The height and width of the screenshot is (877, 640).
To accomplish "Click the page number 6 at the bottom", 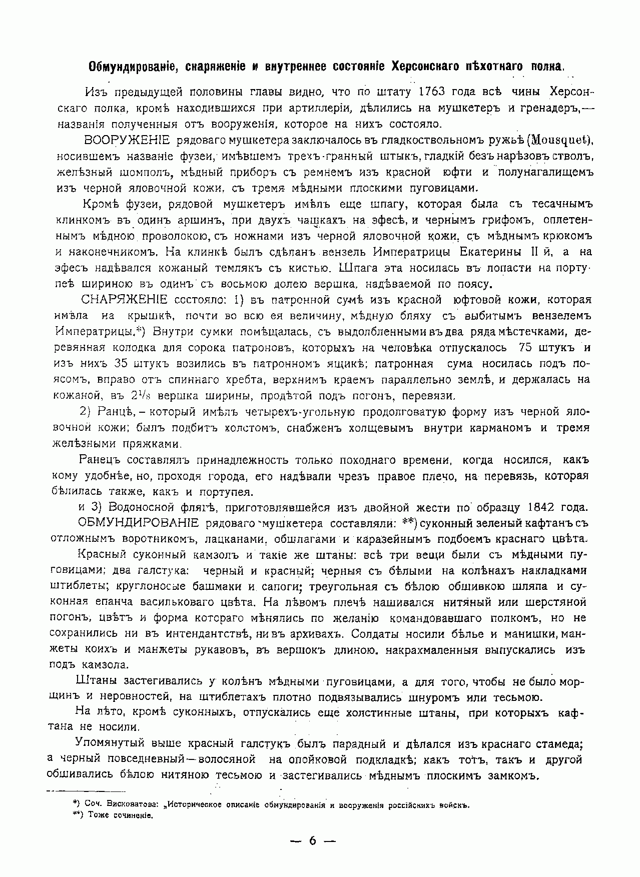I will click(x=313, y=840).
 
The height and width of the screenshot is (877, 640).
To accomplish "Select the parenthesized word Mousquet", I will click(x=560, y=140).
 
